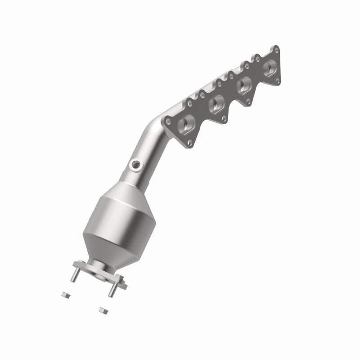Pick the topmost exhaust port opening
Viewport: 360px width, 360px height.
(270, 68)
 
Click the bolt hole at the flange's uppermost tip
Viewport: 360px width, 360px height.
(275, 49)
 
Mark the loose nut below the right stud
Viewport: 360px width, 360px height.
(102, 310)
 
